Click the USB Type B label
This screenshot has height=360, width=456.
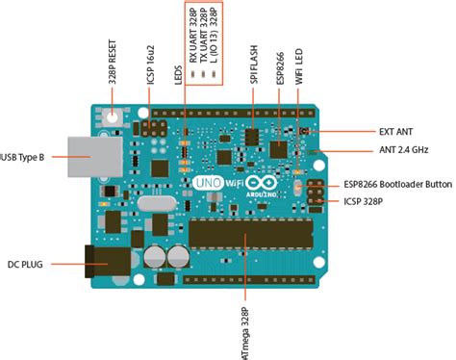point(22,157)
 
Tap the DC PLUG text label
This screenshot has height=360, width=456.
point(25,265)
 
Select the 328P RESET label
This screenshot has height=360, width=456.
point(113,62)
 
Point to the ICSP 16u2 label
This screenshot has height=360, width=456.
point(151,65)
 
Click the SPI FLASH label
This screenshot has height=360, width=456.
point(254,64)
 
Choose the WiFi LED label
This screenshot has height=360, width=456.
point(299,66)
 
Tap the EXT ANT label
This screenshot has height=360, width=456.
point(395,132)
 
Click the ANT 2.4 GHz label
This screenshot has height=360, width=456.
point(404,150)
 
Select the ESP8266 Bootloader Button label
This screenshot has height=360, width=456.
point(398,185)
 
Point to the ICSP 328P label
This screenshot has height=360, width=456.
point(363,201)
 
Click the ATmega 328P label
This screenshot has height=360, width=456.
point(245,334)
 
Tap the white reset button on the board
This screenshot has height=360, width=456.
point(113,117)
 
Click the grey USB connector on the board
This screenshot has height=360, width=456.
point(95,157)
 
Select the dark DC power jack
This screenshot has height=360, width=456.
point(108,262)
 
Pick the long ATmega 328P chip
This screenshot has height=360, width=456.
point(251,233)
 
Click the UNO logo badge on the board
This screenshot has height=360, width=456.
point(209,183)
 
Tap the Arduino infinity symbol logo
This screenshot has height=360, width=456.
point(263,183)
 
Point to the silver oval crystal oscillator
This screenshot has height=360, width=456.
point(157,203)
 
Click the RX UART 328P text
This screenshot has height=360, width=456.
point(192,36)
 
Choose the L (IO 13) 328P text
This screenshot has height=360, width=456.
point(214,36)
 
